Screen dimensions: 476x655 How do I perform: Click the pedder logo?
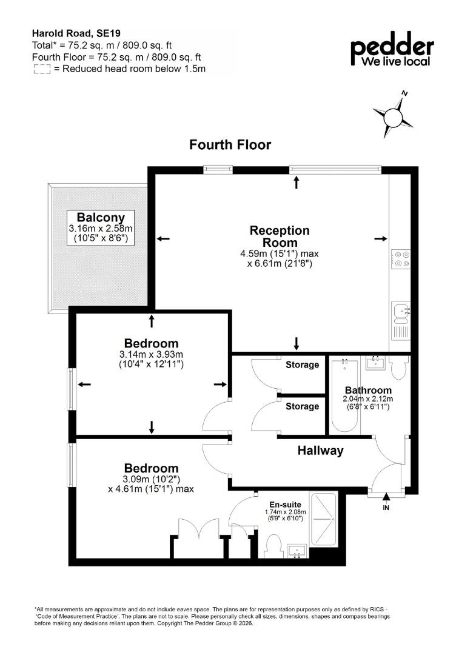(392, 49)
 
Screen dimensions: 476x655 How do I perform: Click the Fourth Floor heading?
(230, 144)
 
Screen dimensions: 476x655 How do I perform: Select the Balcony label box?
(101, 227)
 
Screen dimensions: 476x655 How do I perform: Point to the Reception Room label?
(280, 237)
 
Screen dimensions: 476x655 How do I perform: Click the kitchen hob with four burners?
(400, 258)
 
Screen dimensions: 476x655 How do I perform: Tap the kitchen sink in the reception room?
(401, 313)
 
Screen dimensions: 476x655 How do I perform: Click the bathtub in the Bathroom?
(344, 395)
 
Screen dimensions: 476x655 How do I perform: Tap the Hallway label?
(320, 450)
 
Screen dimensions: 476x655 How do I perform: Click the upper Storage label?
(302, 364)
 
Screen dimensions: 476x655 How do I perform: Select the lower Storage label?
(302, 406)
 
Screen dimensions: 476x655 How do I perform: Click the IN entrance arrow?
(386, 497)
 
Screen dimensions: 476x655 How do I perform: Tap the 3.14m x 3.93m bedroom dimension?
(151, 355)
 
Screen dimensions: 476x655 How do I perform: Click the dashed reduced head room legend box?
(42, 69)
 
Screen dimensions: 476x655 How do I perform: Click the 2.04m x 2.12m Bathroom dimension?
(368, 398)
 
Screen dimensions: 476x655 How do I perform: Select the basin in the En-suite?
(297, 551)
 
